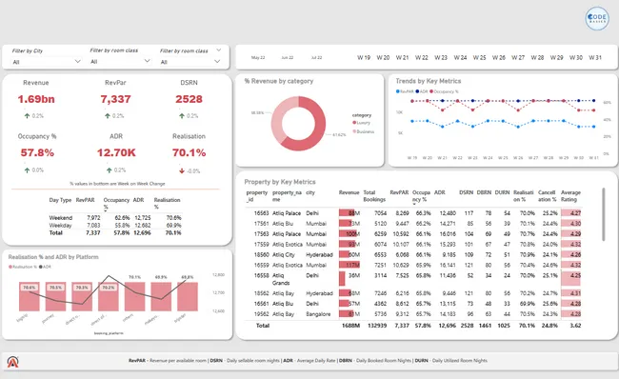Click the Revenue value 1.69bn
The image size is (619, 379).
(35, 99)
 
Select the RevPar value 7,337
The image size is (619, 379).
(114, 99)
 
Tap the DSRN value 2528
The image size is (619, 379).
(189, 99)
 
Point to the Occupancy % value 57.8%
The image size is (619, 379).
(36, 152)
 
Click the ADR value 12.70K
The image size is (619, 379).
(115, 152)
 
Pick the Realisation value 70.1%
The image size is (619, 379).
(189, 152)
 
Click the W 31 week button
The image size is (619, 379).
(594, 57)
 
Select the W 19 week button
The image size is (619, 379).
(364, 57)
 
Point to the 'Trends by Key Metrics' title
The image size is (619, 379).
(429, 81)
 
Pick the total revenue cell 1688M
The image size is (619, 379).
(349, 325)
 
